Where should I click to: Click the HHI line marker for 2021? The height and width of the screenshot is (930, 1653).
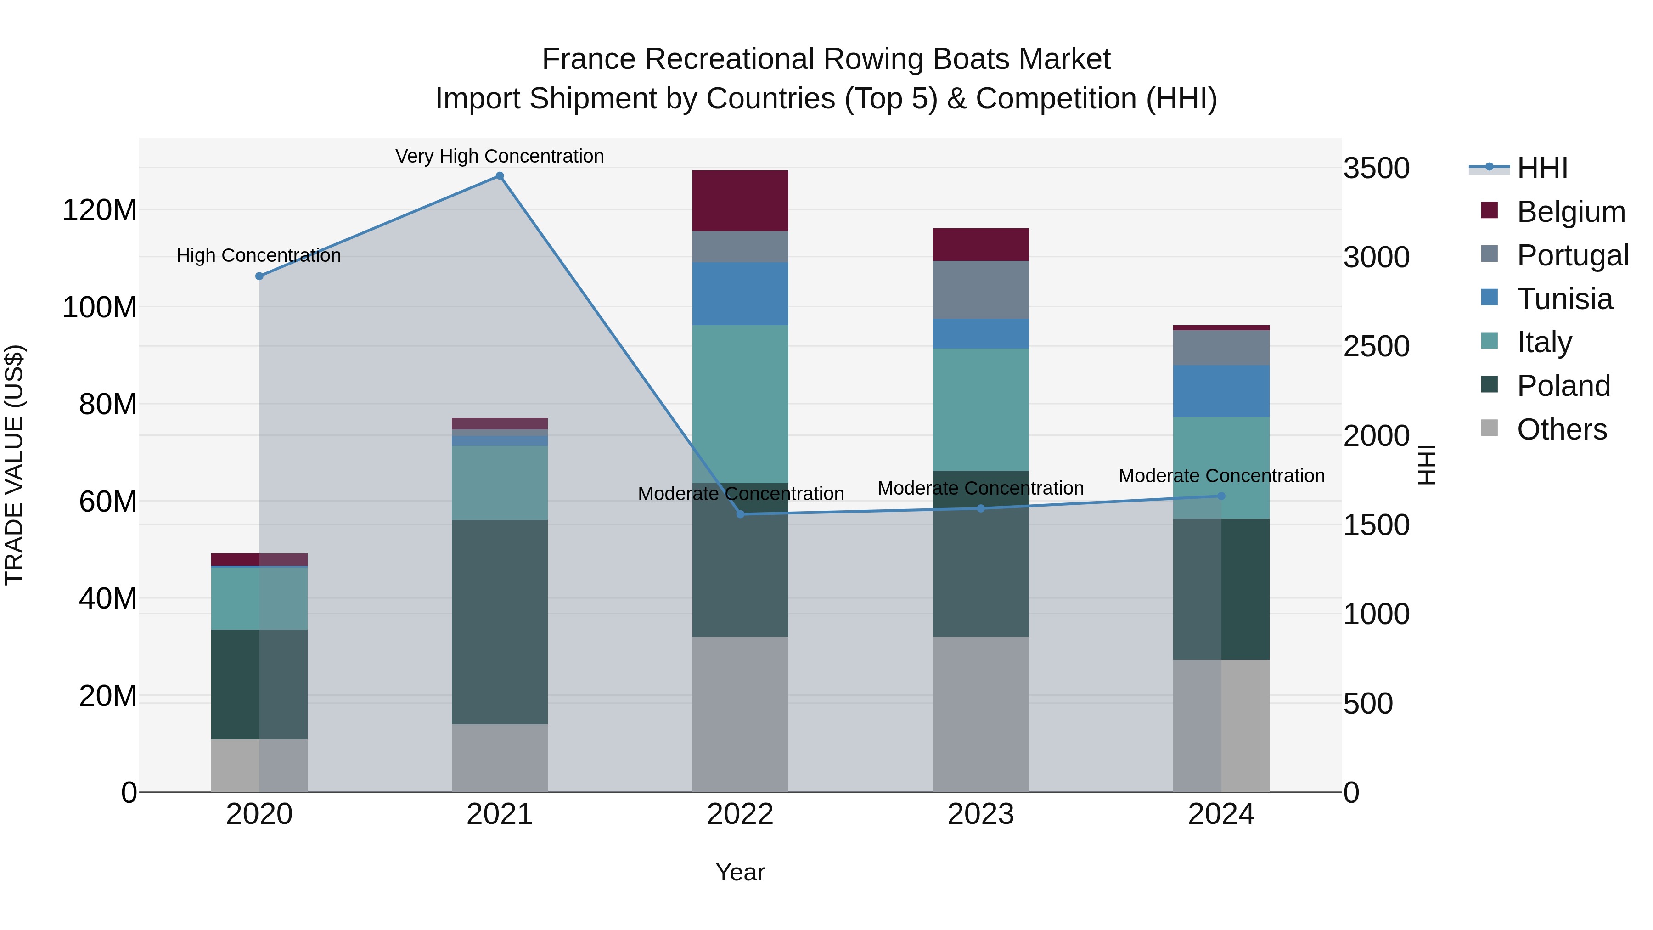coord(499,176)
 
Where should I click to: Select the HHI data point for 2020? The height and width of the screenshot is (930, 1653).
coord(259,276)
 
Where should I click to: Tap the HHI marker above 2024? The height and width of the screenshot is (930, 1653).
coord(1220,496)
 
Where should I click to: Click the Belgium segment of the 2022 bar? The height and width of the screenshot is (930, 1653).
coord(740,200)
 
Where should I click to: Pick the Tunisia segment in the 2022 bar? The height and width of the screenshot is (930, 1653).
coord(740,293)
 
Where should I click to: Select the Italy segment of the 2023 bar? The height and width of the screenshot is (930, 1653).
coord(980,410)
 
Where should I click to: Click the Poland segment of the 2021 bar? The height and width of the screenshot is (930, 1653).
coord(499,621)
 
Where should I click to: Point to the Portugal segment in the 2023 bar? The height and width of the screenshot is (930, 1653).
coord(980,289)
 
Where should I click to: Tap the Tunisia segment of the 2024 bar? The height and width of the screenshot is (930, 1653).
coord(1220,391)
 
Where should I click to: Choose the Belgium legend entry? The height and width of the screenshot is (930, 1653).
coord(1570,212)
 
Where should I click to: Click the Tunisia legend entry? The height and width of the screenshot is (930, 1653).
coord(1564,299)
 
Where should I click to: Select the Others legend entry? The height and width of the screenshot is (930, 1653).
coord(1561,429)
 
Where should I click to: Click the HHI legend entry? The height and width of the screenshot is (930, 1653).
coord(1542,168)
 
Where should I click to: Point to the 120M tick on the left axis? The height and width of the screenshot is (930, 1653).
coord(100,210)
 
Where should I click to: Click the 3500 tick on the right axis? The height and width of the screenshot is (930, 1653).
coord(1377,168)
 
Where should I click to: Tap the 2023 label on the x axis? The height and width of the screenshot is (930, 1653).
coord(980,814)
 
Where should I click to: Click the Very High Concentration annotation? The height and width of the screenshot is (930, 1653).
coord(499,156)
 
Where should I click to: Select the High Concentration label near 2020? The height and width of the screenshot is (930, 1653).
coord(259,255)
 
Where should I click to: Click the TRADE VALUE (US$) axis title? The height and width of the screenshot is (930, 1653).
coord(14,465)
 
